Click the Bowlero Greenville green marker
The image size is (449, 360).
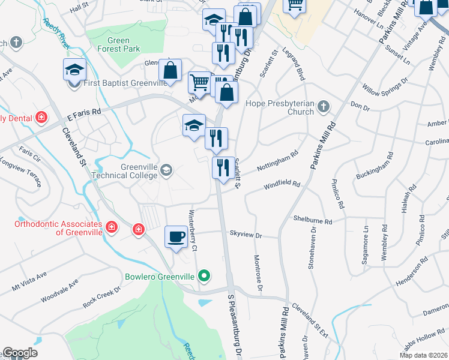click(x=205, y=277)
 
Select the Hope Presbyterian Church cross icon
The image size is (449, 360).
click(x=324, y=106)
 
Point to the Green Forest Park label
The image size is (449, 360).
click(x=118, y=44)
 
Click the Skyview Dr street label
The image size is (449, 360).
click(x=246, y=235)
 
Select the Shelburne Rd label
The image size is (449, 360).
click(x=313, y=220)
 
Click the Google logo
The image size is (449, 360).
click(x=20, y=353)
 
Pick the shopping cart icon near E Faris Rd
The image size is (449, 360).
click(x=199, y=82)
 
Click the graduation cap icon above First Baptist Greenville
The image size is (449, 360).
click(x=74, y=70)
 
